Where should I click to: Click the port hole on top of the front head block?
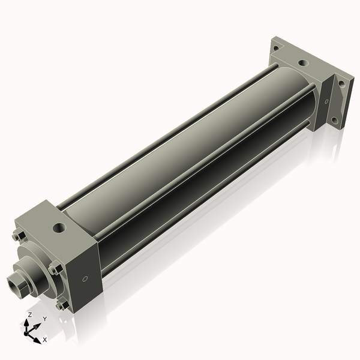(59, 228)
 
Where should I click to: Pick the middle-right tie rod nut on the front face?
(55, 268)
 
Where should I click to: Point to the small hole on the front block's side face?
(85, 278)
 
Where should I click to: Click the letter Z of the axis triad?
(30, 315)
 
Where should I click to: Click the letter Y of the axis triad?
(44, 319)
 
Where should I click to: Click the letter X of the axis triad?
(44, 340)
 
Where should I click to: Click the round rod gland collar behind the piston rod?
(36, 273)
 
